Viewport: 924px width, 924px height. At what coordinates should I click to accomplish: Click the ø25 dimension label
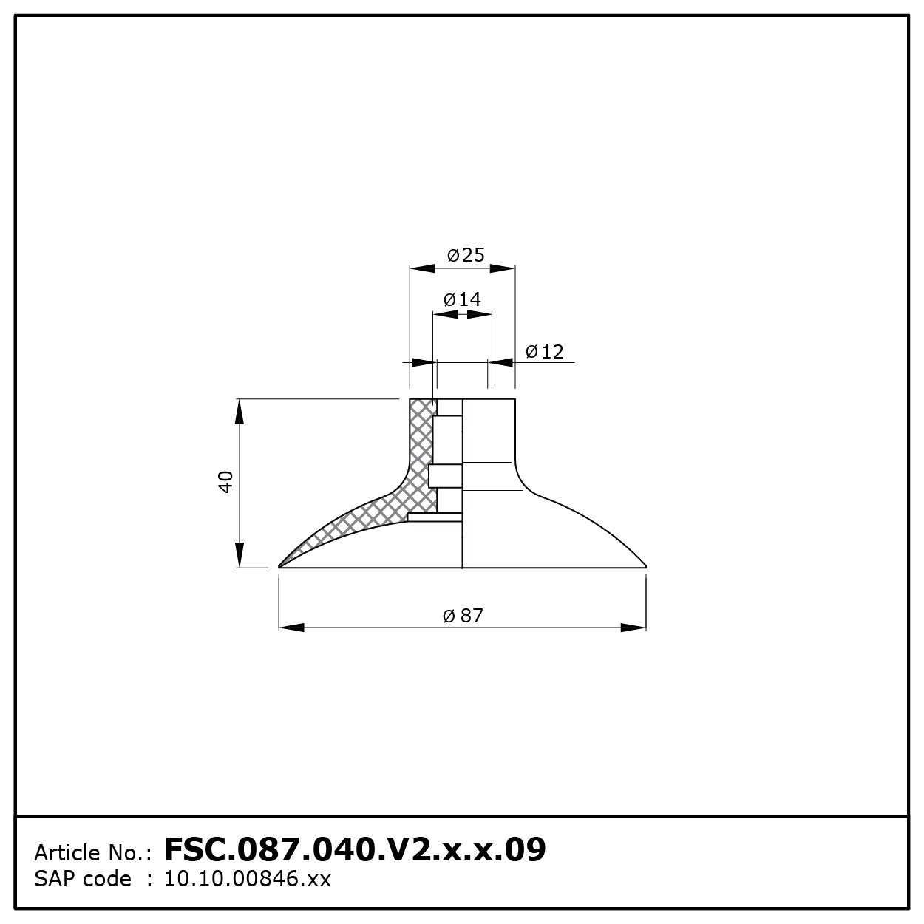(x=466, y=254)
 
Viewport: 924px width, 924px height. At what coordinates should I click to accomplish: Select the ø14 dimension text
(x=462, y=299)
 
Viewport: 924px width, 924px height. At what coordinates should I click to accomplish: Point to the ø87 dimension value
(x=463, y=616)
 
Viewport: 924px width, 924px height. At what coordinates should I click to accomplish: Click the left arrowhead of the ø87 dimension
(x=291, y=628)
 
